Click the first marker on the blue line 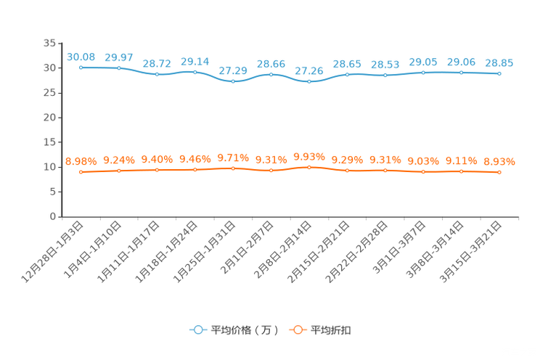[81, 67]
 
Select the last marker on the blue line [499, 73]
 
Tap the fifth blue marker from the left [233, 81]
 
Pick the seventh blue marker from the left [309, 81]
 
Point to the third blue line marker [157, 73]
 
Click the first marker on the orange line [81, 171]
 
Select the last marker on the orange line [499, 172]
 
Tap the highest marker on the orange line [309, 166]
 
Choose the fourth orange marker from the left [195, 169]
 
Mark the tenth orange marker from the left [423, 171]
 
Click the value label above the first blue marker [81, 56]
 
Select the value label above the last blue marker [499, 63]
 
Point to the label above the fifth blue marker [233, 70]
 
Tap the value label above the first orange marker [81, 160]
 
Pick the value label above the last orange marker [499, 161]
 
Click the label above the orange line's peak [309, 156]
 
